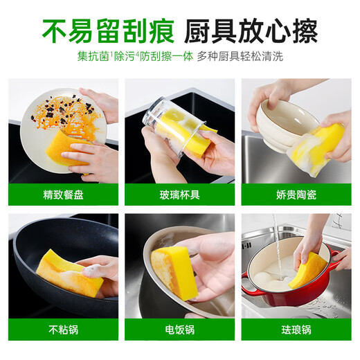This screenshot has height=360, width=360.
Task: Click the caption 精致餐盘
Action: (x=63, y=195)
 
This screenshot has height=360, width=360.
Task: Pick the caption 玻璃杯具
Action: (x=180, y=195)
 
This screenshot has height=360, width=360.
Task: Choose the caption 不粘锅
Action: (x=63, y=330)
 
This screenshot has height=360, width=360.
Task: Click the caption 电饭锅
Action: (x=180, y=330)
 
